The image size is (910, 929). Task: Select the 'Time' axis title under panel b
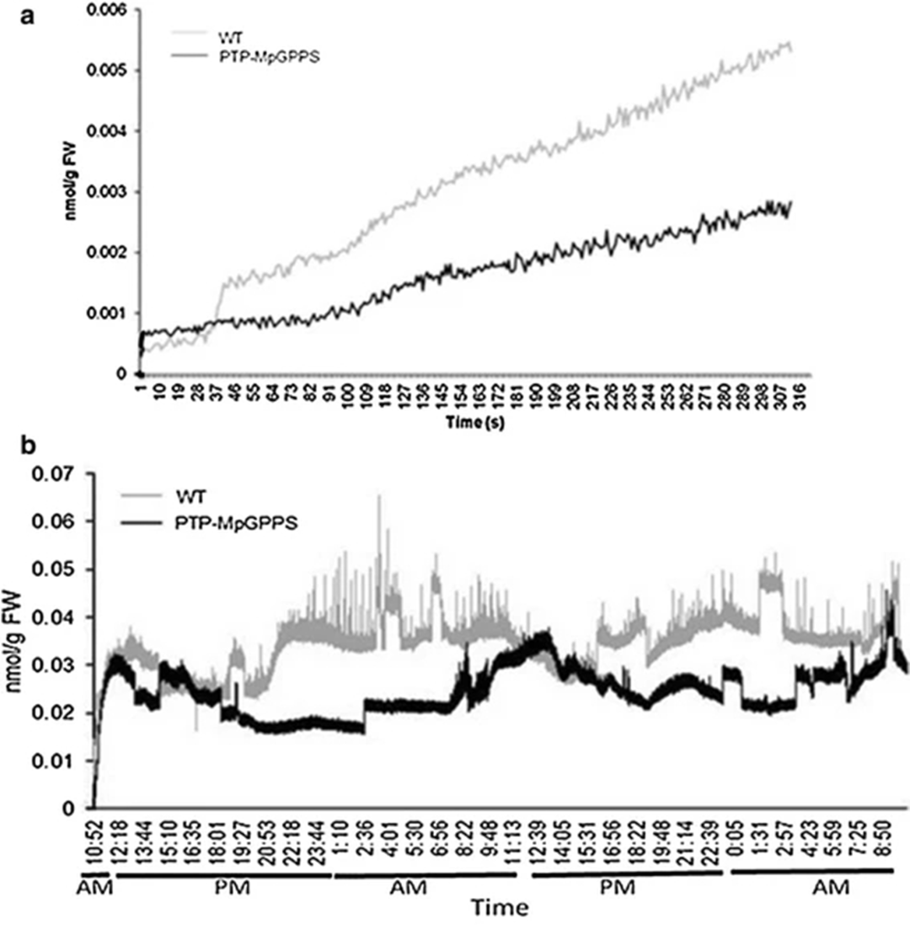coord(500,908)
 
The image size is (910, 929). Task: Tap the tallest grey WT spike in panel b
coord(379,497)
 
